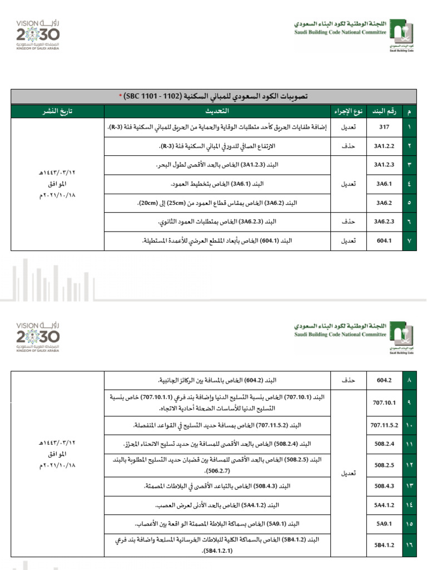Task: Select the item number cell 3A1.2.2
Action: [x=385, y=146]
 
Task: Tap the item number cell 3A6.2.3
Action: [x=385, y=222]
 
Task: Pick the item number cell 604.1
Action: [x=385, y=241]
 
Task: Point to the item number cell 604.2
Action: [x=385, y=380]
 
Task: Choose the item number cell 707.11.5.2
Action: [x=385, y=425]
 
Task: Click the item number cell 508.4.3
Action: [x=385, y=486]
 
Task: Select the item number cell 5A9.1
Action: [x=385, y=524]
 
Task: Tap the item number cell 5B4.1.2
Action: [x=385, y=545]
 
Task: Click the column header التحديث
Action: [x=217, y=111]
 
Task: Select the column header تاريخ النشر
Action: [x=58, y=111]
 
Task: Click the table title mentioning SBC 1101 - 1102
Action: [x=213, y=96]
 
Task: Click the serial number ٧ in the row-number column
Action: [x=410, y=241]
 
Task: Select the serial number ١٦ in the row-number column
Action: [x=410, y=545]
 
